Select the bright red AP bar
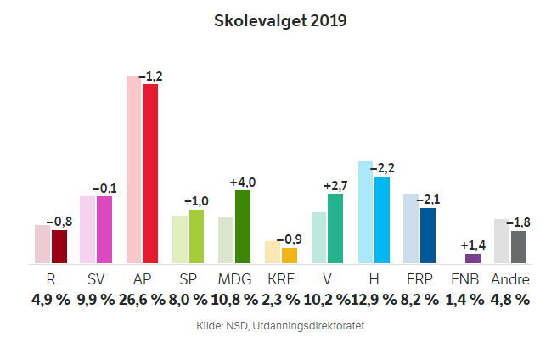[x=150, y=173]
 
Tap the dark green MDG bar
[x=243, y=227]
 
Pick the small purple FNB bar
[x=473, y=258]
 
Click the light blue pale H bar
[x=366, y=212]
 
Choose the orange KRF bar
[x=290, y=255]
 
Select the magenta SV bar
[x=104, y=229]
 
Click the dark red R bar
[x=59, y=246]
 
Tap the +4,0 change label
[x=243, y=182]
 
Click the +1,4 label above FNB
[x=473, y=245]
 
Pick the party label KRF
[x=280, y=279]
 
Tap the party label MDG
[x=234, y=279]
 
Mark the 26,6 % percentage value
[x=142, y=299]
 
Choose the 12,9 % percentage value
[x=373, y=299]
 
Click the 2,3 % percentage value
[x=280, y=299]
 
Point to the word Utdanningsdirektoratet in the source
[x=313, y=325]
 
